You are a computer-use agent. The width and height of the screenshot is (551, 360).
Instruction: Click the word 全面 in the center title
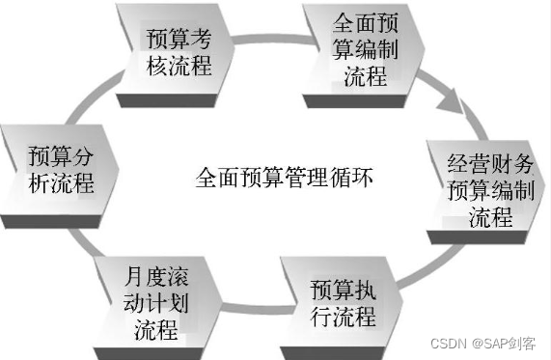point(213,179)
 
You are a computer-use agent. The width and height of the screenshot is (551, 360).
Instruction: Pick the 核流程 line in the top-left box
point(178,66)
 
